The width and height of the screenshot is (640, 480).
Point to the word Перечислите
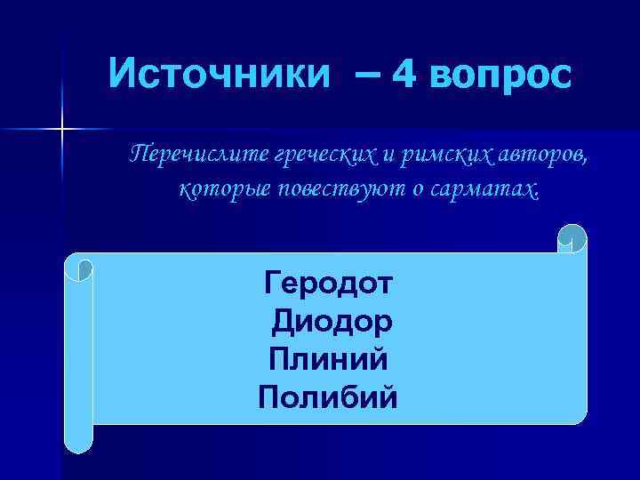tap(198, 157)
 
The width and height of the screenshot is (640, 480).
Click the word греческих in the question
tap(324, 157)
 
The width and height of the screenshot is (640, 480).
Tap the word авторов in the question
tap(537, 157)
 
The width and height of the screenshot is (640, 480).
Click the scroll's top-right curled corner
tap(572, 238)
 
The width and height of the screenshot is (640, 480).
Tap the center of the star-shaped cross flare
tap(62, 130)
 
